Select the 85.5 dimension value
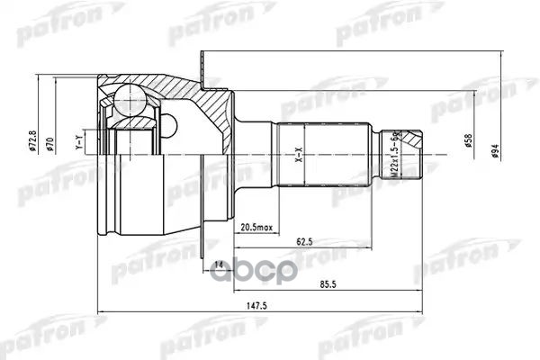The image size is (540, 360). [328, 285]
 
